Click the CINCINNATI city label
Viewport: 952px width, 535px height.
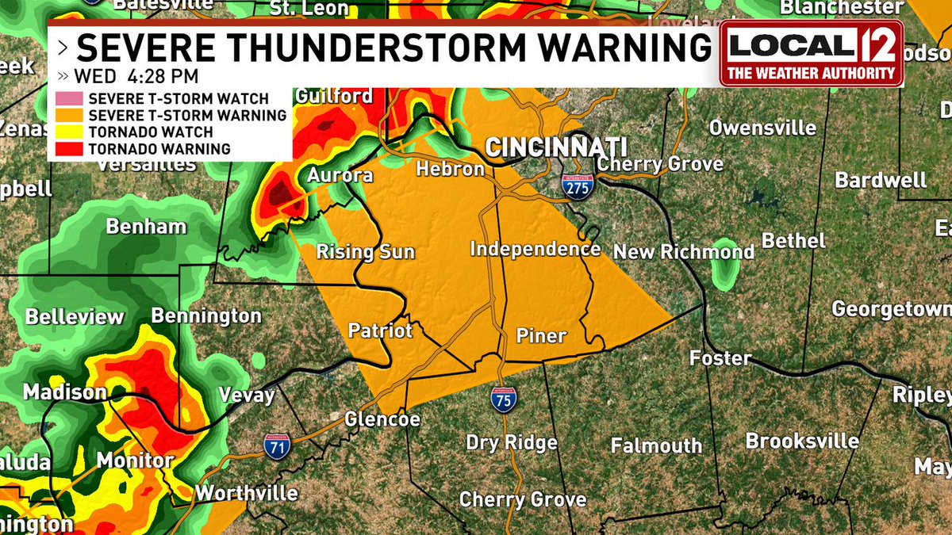tap(555, 147)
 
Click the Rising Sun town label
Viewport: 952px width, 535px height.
tap(366, 253)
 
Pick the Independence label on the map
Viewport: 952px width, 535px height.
tap(535, 249)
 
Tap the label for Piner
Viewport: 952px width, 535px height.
tap(541, 336)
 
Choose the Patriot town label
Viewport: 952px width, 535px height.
tap(381, 330)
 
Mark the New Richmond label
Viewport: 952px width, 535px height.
tap(684, 252)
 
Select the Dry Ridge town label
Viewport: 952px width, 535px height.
tap(511, 442)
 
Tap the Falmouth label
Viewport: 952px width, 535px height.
tap(656, 445)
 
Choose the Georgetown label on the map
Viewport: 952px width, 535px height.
tap(890, 308)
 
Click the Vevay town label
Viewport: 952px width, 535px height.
tap(246, 395)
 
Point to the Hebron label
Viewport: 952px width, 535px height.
tap(450, 170)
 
